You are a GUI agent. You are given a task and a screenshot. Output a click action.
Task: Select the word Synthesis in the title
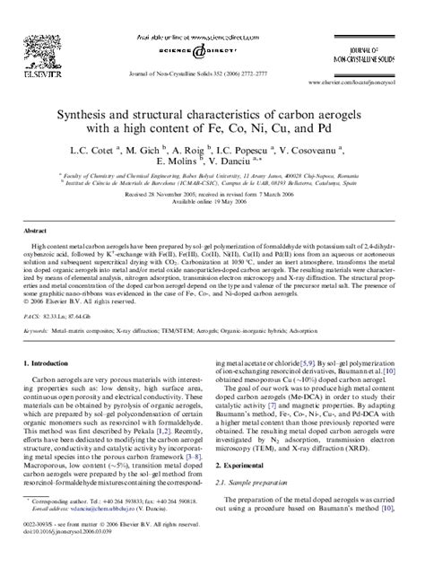click(x=95, y=117)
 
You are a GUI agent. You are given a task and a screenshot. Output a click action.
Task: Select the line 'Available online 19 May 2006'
click(x=212, y=203)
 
